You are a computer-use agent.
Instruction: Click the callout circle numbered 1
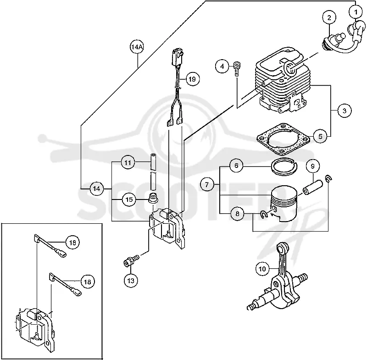coord(356,12)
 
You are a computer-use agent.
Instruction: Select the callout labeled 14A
coord(137,47)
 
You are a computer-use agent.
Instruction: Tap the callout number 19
coord(192,79)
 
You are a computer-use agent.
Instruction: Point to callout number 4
coord(222,66)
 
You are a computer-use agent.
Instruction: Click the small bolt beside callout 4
coord(237,68)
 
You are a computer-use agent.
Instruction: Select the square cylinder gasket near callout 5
coord(283,139)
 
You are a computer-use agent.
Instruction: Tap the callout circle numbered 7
coord(207,185)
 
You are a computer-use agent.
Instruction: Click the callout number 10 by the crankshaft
coord(262,269)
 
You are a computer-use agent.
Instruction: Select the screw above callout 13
coord(131,260)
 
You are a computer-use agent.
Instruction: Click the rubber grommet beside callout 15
coord(153,198)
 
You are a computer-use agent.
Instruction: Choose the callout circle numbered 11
coord(128,162)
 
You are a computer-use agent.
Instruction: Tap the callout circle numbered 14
coord(97,188)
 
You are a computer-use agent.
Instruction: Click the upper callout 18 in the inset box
coord(72,242)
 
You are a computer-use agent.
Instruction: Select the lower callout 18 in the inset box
coord(88,282)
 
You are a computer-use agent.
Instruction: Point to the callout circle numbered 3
coord(345,111)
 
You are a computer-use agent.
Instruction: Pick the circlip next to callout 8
coord(263,214)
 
